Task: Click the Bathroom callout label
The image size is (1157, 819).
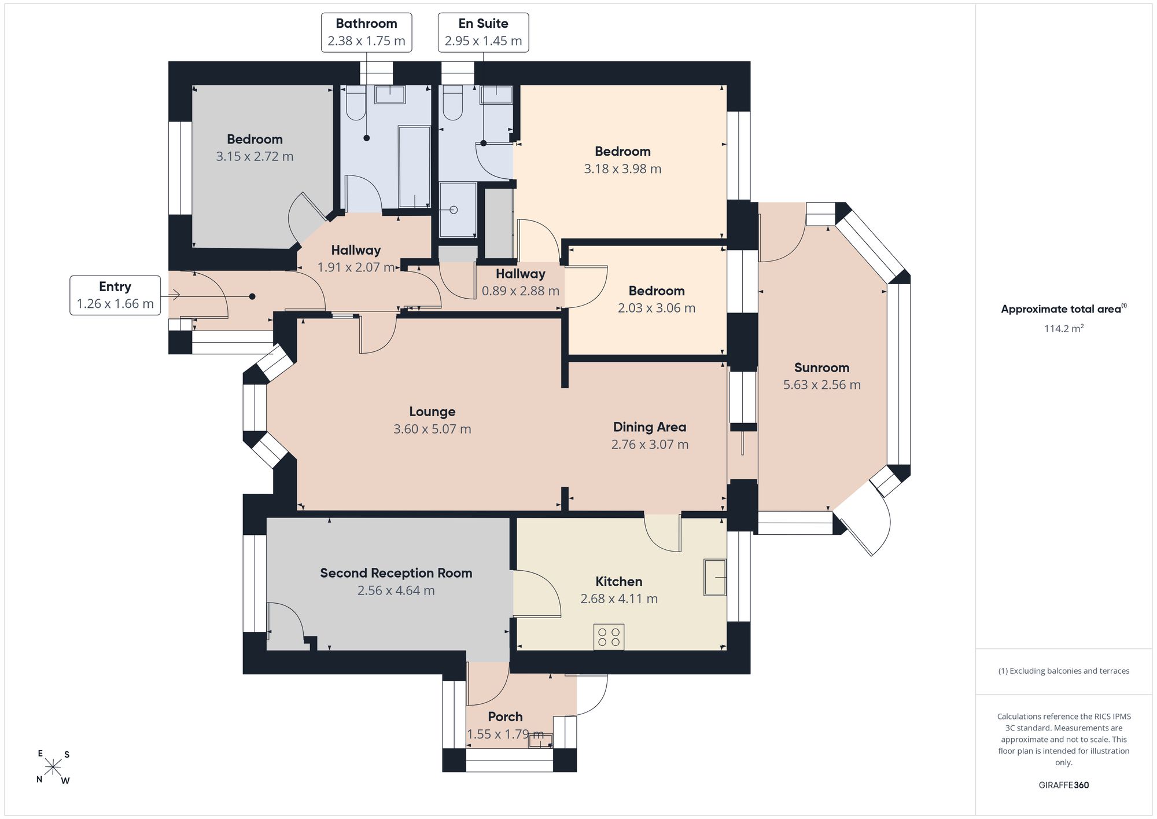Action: point(366,32)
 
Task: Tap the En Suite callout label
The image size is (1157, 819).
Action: point(483,32)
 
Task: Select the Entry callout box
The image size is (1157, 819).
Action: point(115,295)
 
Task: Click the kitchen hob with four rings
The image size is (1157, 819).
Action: point(609,637)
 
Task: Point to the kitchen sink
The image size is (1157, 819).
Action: point(715,577)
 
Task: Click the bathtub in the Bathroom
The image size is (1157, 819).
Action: point(414,167)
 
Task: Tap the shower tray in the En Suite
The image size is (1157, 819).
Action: point(458,210)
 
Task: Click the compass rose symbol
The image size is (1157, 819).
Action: point(53,767)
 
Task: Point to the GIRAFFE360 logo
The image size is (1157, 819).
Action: point(1063,785)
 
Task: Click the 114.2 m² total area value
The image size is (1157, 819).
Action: point(1063,328)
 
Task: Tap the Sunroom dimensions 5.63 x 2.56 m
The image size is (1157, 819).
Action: point(821,384)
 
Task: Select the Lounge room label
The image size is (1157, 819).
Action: point(432,412)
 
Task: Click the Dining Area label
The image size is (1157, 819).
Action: point(650,427)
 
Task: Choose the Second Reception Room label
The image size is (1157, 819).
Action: point(396,573)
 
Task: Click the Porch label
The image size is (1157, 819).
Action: point(505,717)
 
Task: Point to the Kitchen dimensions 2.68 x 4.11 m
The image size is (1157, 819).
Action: point(619,598)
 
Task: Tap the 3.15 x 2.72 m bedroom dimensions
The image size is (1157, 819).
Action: point(255,156)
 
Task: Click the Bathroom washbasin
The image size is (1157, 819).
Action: point(390,94)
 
